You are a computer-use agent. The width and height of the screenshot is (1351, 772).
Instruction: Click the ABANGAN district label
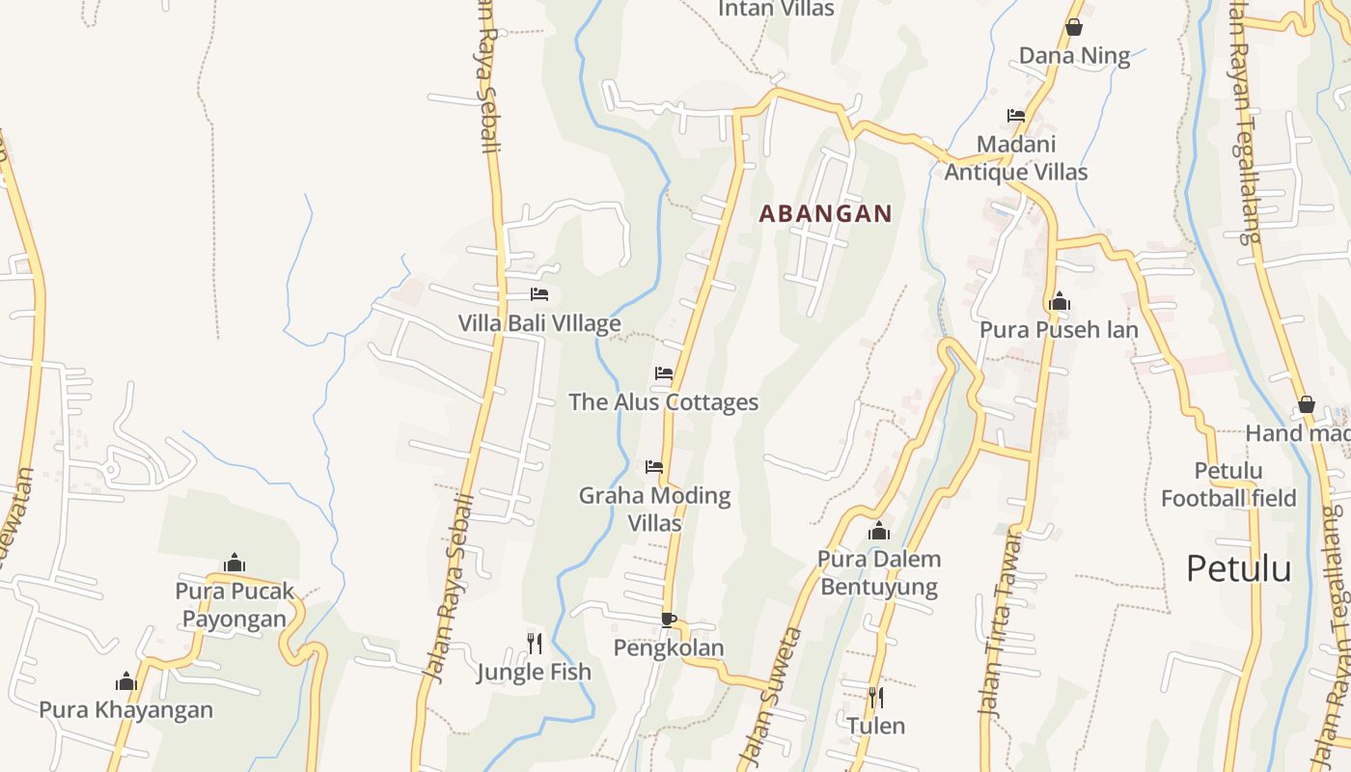pos(825,213)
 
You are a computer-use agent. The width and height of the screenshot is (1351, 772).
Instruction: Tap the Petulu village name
pos(1238,568)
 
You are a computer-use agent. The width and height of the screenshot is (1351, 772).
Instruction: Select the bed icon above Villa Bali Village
pos(538,294)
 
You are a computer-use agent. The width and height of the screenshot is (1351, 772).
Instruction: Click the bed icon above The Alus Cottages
pos(663,373)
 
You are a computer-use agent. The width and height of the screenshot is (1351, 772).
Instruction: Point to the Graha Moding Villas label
pos(655,509)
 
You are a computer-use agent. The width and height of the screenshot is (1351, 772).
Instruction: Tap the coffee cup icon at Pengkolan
pos(668,620)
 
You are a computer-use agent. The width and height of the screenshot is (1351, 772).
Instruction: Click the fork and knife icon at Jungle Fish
pos(534,643)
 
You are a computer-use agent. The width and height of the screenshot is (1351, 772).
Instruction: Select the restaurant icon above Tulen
pos(875,697)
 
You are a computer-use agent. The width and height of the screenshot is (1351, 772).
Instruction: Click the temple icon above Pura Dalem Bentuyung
pos(878,531)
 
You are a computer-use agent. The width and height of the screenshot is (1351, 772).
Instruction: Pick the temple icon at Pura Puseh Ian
pos(1059,302)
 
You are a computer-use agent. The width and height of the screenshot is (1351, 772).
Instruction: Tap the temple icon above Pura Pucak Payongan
pos(234,563)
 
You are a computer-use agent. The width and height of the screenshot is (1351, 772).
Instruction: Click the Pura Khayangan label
pos(125,710)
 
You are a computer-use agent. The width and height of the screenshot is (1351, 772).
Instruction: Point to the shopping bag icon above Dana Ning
pos(1073,27)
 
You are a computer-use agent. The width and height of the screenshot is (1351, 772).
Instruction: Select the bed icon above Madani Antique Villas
pos(1015,116)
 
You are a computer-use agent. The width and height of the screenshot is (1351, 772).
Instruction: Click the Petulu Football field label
pos(1227,484)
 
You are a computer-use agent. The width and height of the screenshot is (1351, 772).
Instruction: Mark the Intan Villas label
pos(776,9)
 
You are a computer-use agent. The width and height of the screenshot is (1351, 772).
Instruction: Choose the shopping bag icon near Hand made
pos(1306,404)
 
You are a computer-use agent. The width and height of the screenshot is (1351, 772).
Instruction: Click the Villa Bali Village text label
pos(538,323)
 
